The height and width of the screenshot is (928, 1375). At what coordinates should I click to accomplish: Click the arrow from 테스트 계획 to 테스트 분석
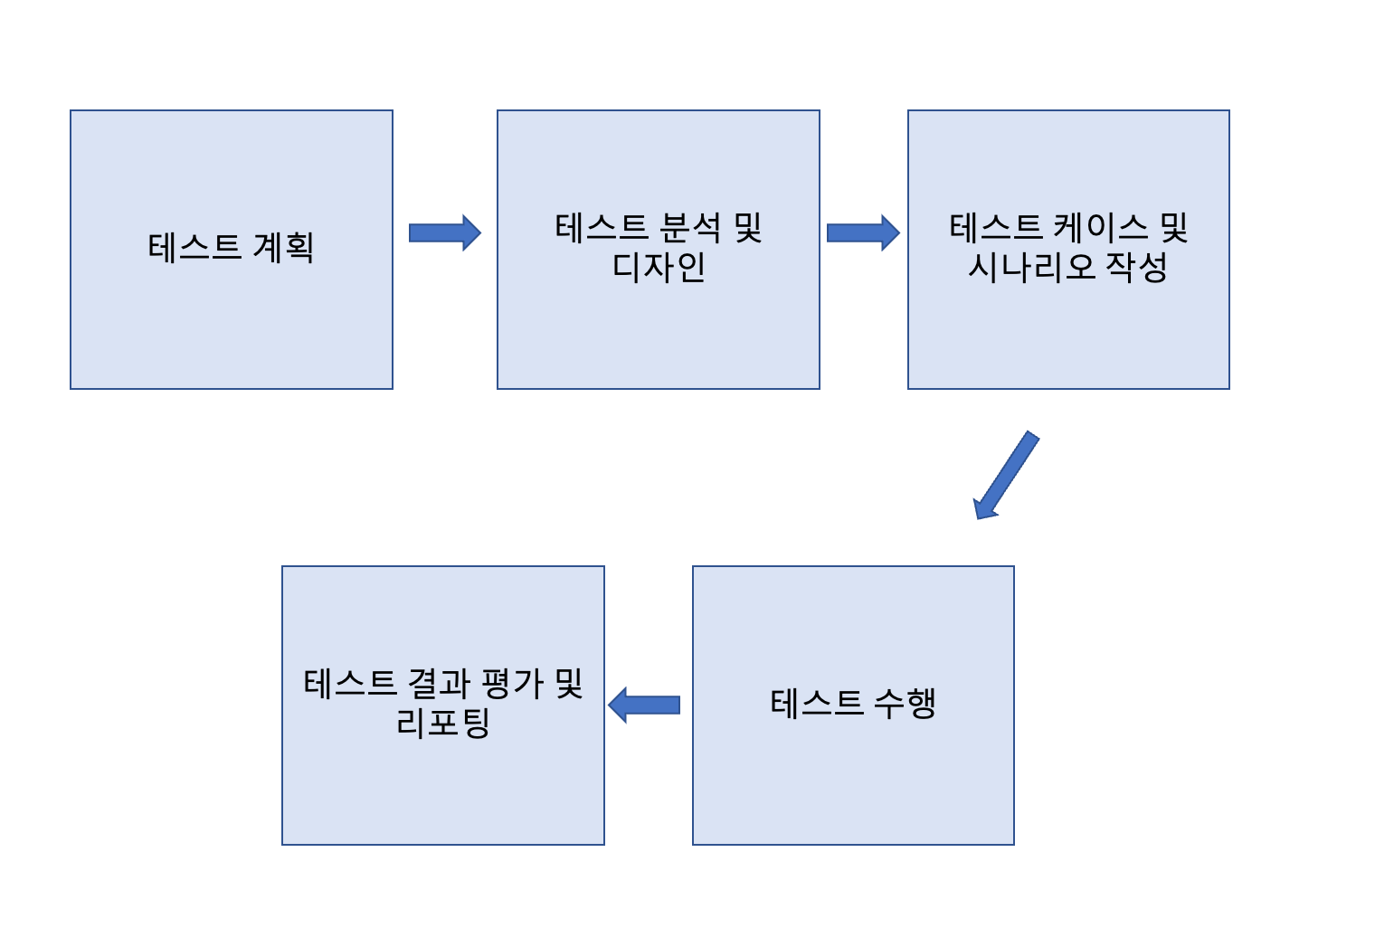pos(444,232)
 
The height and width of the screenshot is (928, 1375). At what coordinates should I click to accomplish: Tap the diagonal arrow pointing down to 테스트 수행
pos(1005,476)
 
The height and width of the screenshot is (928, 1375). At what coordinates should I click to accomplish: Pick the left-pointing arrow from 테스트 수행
pos(644,705)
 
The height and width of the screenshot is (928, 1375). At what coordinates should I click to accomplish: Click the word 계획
pos(283,247)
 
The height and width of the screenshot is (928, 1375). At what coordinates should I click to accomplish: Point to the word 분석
pos(690,227)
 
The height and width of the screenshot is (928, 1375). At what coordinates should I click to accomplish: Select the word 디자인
pos(659,267)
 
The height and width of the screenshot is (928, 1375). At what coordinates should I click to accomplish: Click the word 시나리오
pos(1031,267)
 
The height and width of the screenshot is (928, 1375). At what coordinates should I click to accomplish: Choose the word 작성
pos(1136,267)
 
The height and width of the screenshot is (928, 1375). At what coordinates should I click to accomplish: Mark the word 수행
pos(905,703)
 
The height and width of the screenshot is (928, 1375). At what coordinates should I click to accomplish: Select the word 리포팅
pos(443,723)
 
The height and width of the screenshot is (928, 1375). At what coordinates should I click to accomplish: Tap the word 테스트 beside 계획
pos(194,247)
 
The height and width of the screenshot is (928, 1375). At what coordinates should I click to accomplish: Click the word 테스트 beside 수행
pos(817,703)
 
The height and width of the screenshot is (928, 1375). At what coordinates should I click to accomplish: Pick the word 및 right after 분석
pos(748,227)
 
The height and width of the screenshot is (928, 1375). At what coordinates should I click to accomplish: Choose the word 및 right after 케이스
pos(1173,227)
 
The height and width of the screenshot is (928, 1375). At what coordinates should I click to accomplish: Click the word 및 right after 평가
pos(569,683)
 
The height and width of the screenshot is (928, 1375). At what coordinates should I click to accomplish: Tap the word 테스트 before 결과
pos(350,683)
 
